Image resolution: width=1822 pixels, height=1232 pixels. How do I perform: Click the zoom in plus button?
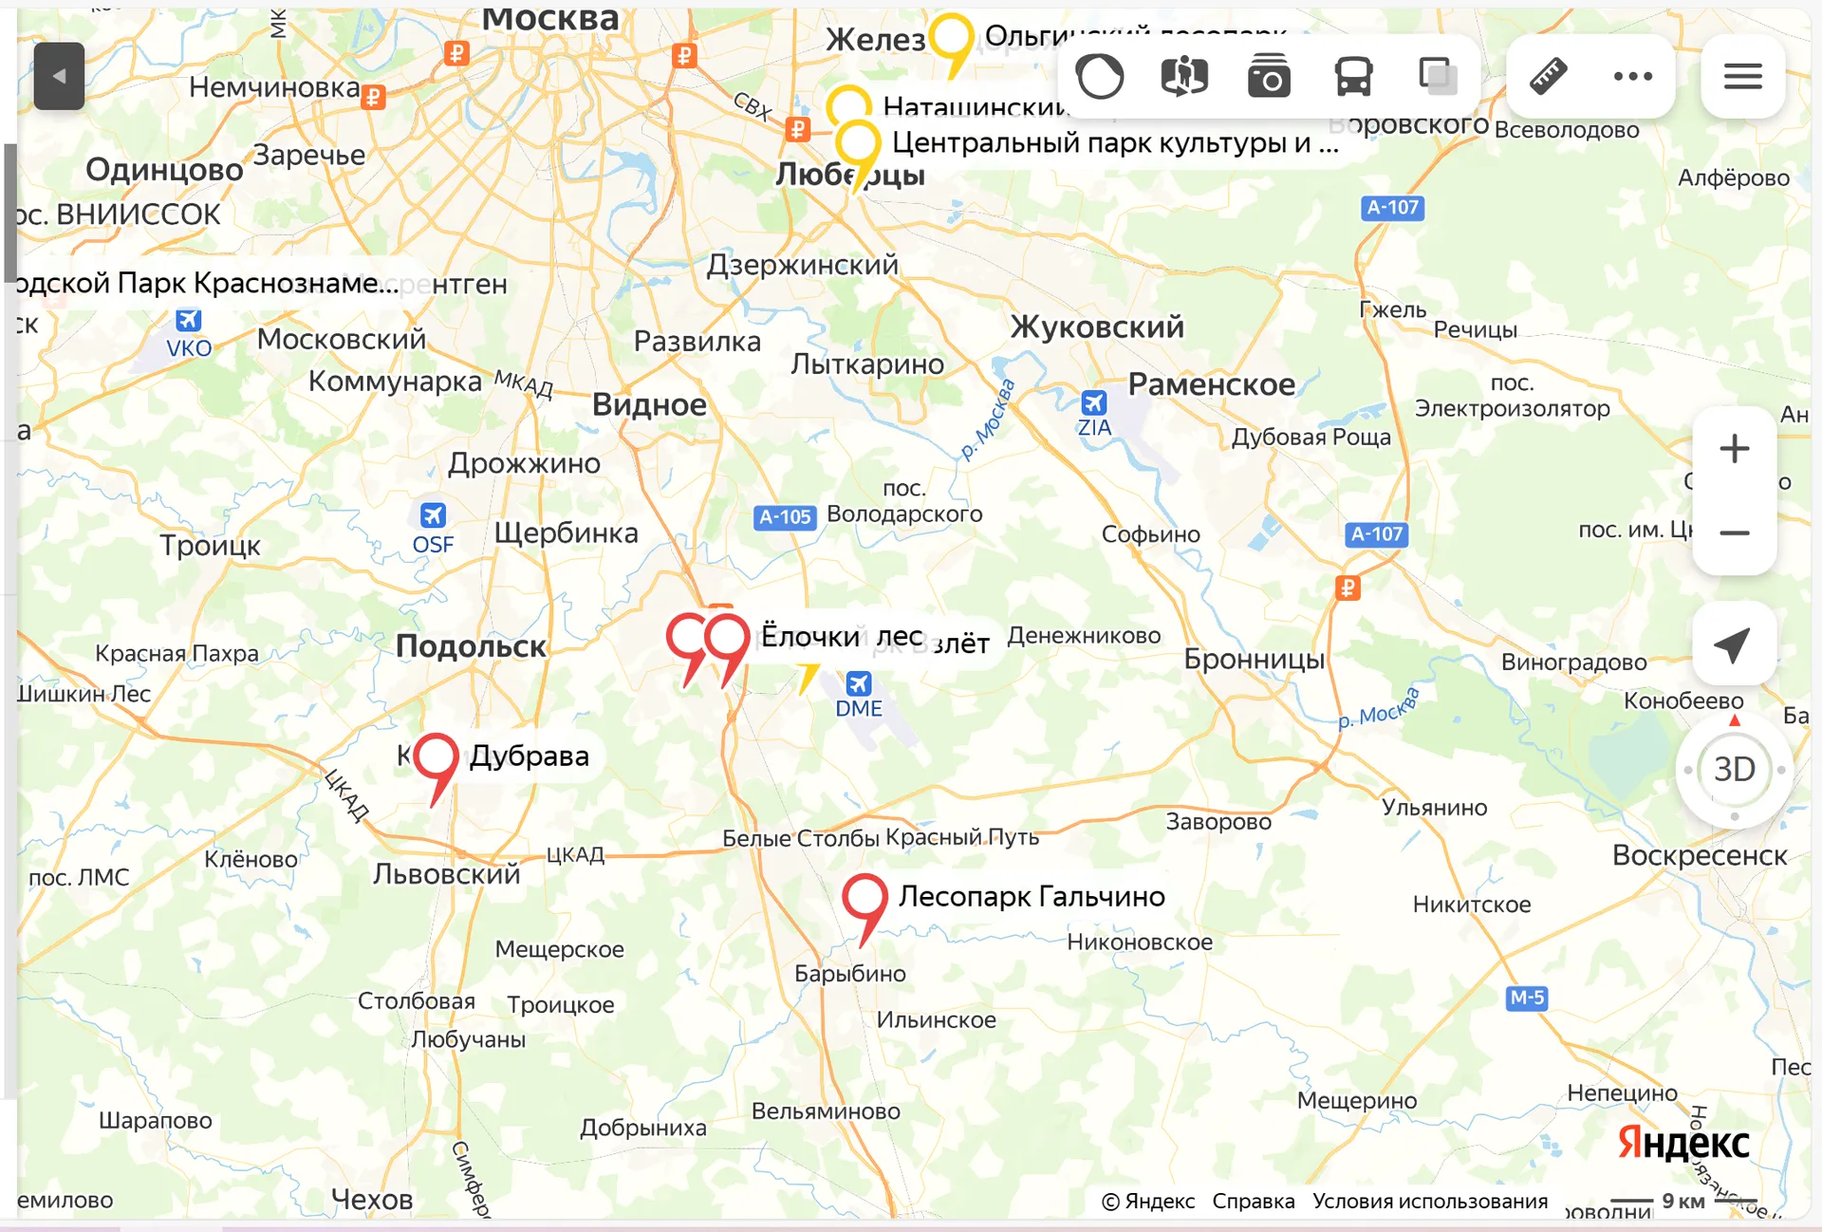[x=1734, y=449]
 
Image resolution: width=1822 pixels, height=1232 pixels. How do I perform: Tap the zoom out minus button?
[x=1734, y=532]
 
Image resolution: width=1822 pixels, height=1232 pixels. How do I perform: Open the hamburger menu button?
[x=1742, y=76]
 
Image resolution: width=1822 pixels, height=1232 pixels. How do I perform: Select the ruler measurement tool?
[x=1548, y=76]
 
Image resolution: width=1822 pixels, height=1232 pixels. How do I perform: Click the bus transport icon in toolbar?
[x=1353, y=76]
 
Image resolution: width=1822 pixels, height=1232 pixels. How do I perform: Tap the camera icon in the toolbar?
[x=1269, y=76]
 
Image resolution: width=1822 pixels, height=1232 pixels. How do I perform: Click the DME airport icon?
[x=859, y=683]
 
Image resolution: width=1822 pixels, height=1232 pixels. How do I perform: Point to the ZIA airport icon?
[x=1093, y=402]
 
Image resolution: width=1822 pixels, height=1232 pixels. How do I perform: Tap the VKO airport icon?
[x=189, y=321]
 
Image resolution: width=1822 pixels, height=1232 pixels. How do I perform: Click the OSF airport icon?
[x=433, y=515]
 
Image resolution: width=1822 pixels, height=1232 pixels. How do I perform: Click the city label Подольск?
[x=471, y=646]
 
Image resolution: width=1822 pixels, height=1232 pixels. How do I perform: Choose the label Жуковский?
[x=1097, y=327]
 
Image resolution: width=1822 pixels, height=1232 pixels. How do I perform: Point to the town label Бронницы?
[x=1254, y=659]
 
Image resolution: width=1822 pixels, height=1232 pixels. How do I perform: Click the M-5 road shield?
[x=1527, y=998]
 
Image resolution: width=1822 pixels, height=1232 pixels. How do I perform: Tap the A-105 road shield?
[x=785, y=517]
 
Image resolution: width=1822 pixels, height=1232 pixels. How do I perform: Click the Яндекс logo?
[x=1683, y=1143]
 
